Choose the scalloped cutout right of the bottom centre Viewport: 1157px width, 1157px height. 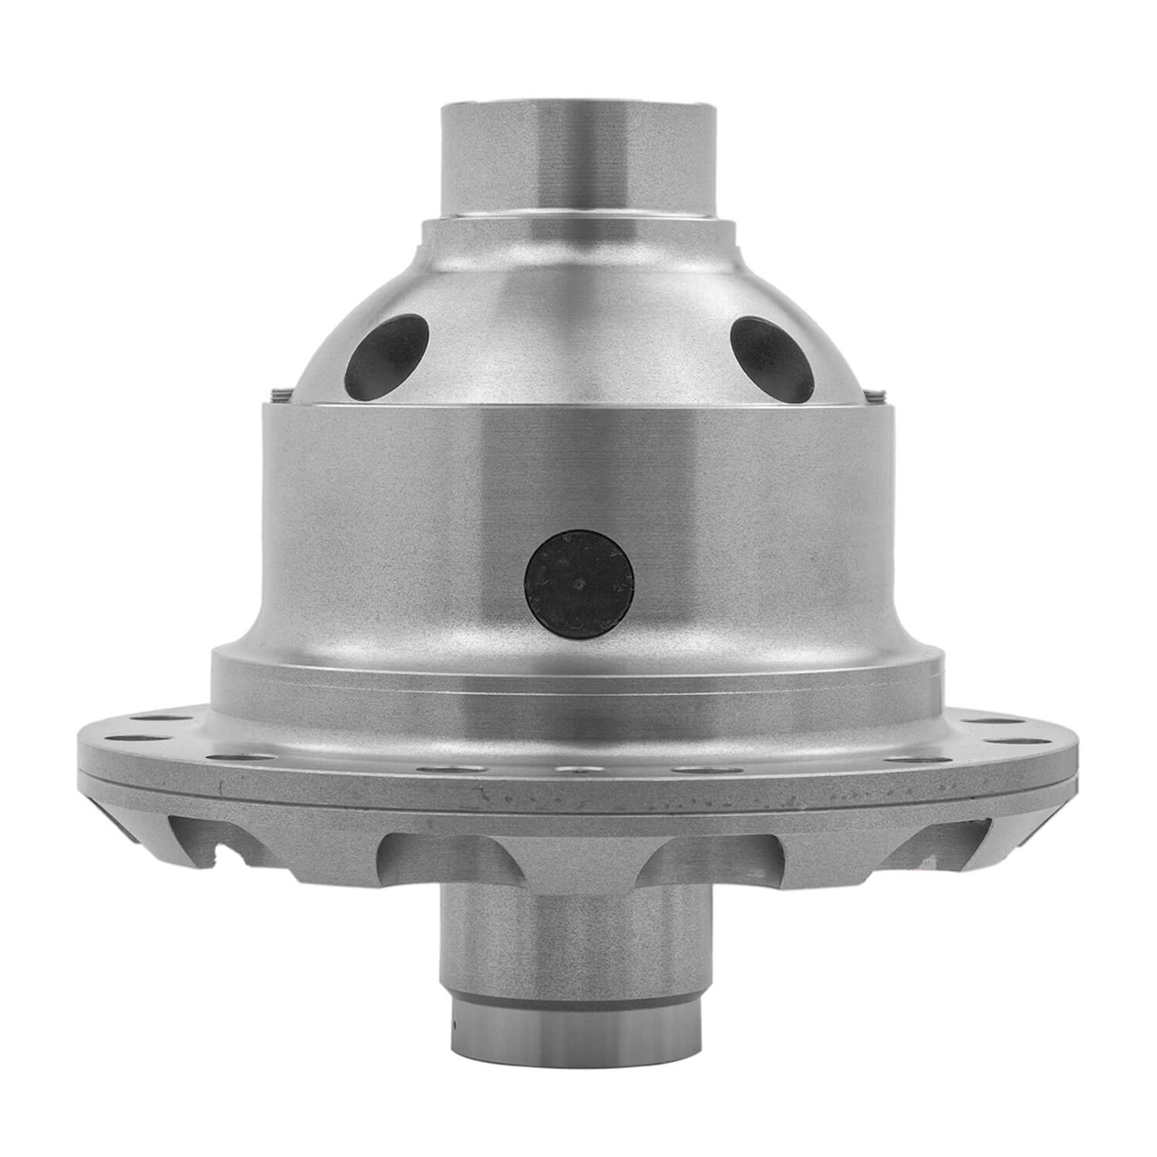click(713, 856)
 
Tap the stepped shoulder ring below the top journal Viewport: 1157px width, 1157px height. click(578, 231)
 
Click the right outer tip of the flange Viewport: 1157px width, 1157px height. click(1074, 760)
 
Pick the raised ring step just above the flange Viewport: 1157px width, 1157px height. click(578, 671)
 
